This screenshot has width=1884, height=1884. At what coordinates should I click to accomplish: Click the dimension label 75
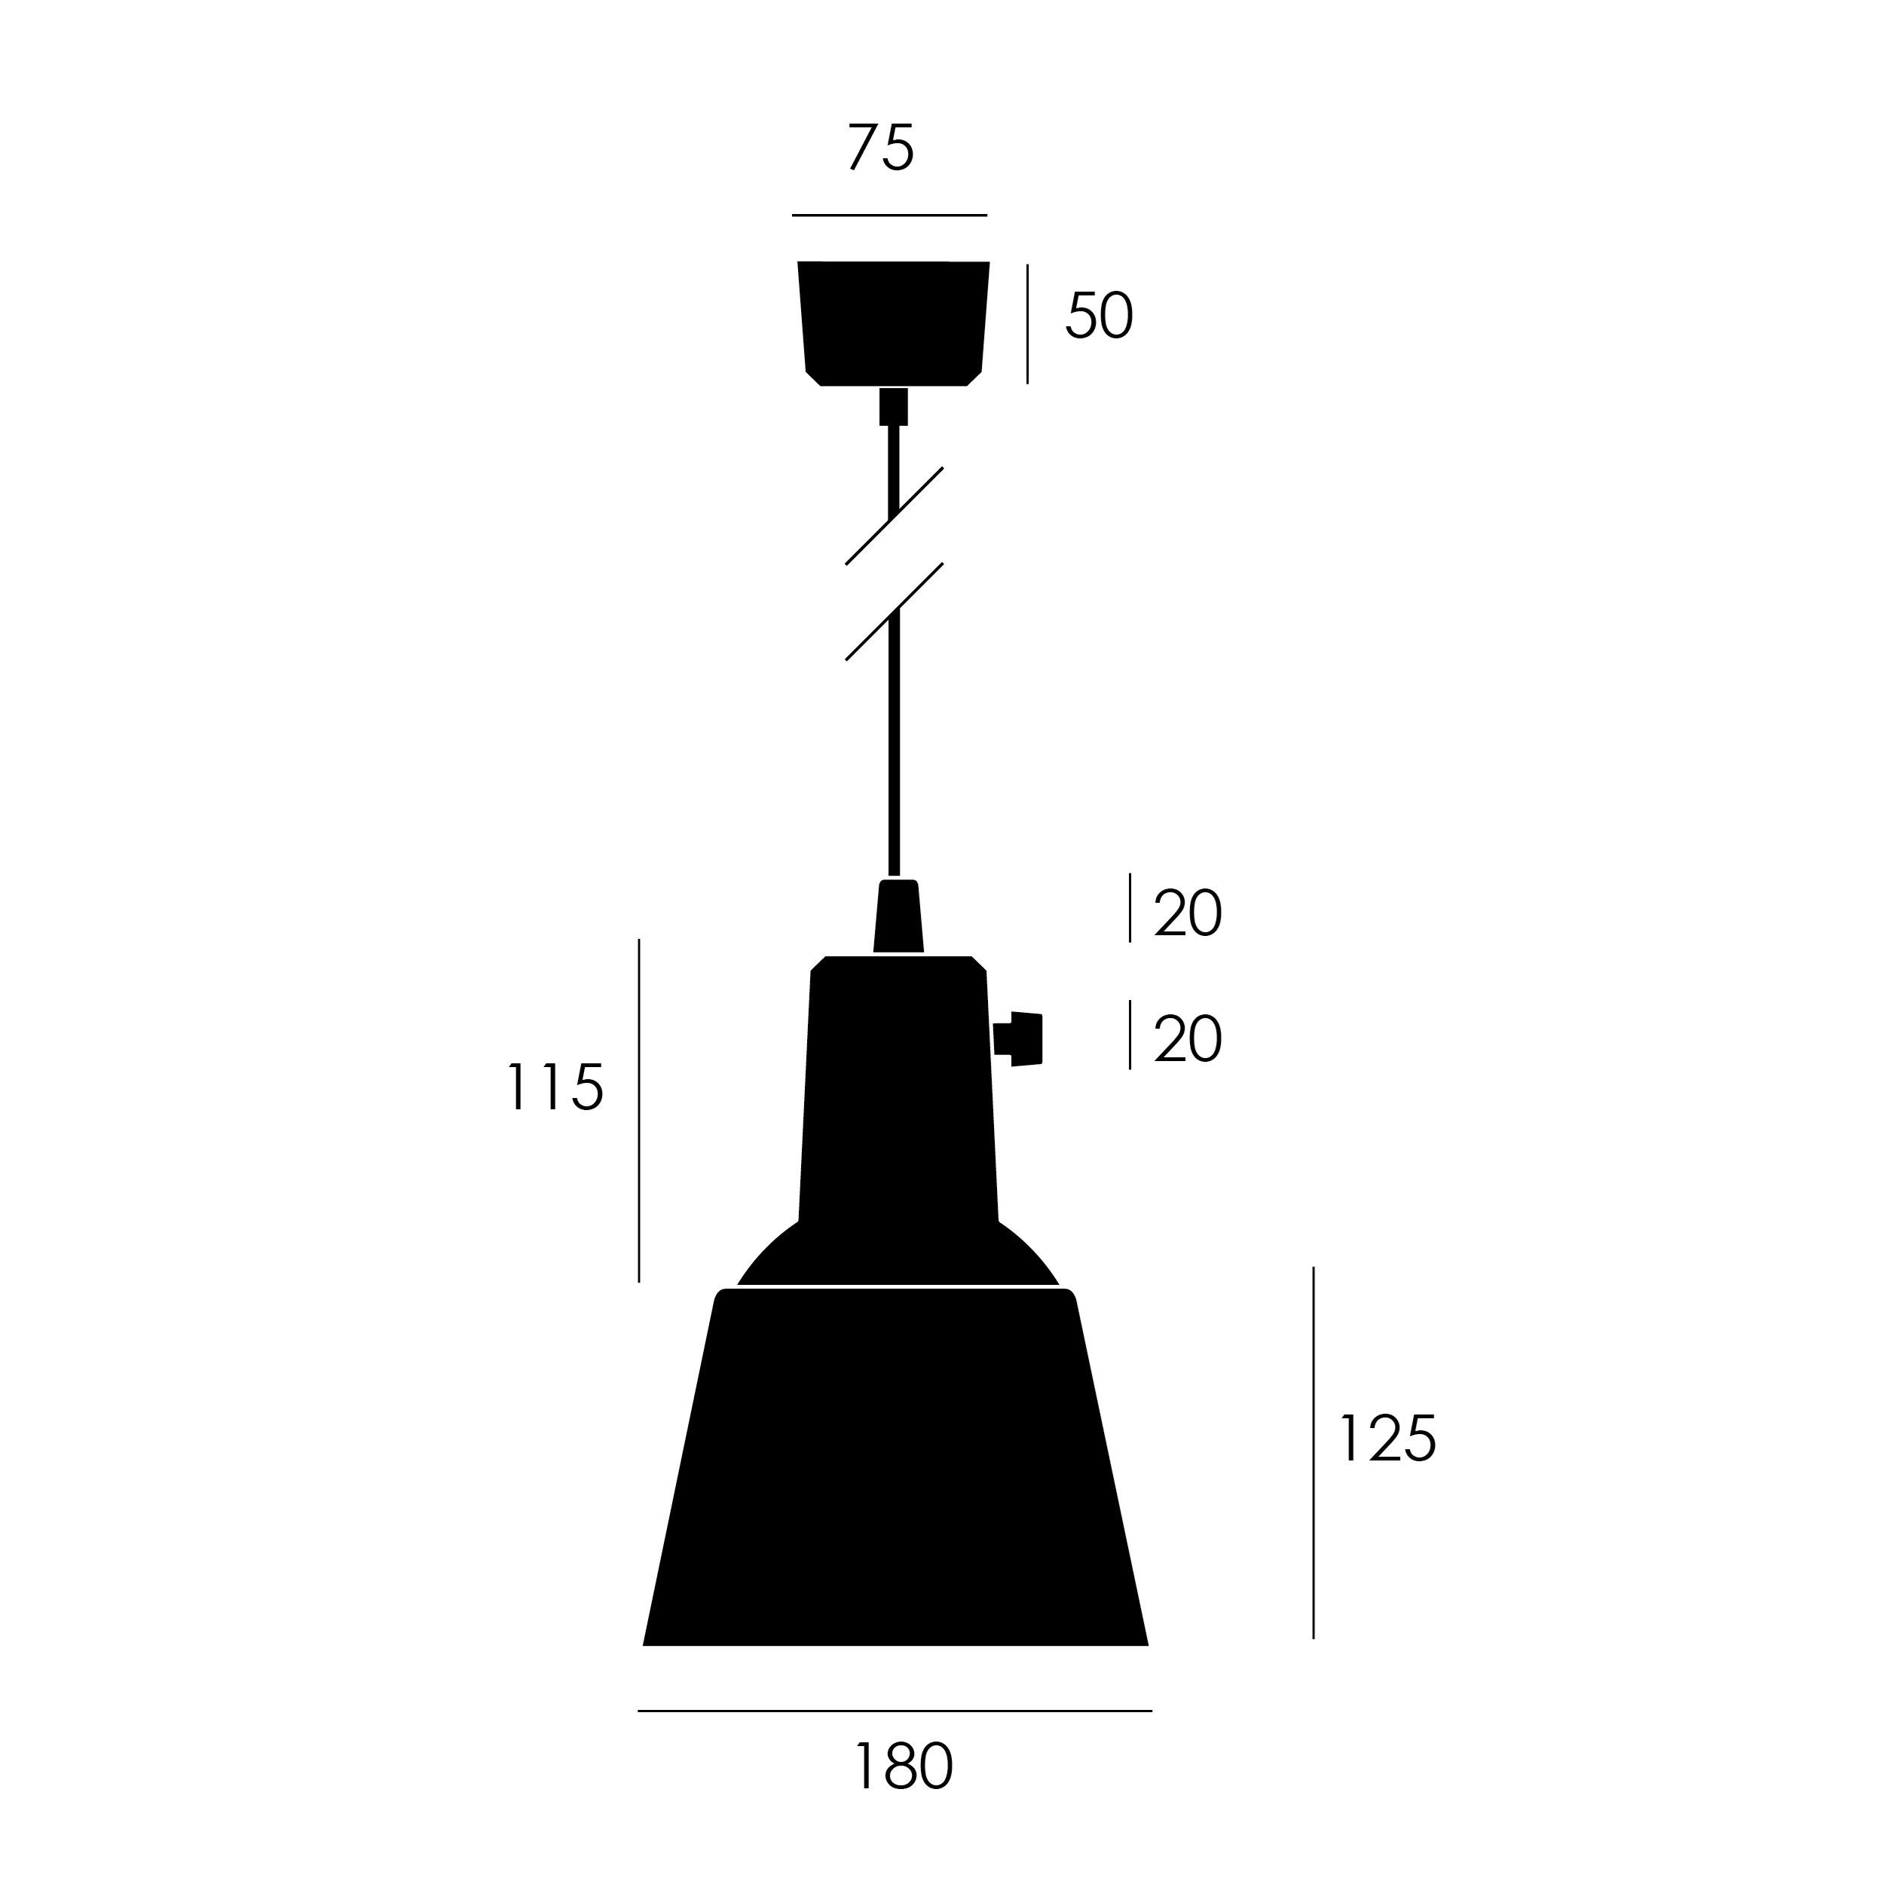(880, 148)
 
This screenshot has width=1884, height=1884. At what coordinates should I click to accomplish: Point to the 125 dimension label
(1387, 1439)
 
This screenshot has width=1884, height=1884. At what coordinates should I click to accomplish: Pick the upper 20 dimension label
(1187, 913)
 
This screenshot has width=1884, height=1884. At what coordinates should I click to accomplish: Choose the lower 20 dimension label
(1187, 1039)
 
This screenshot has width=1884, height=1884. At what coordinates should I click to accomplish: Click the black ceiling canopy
(893, 322)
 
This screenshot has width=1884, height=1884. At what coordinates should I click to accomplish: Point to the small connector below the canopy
(893, 407)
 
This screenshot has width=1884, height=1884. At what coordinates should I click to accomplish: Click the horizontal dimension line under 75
(889, 215)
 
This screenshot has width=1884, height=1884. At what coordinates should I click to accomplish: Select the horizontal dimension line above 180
(895, 1711)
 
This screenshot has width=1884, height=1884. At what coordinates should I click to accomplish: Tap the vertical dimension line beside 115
(639, 1110)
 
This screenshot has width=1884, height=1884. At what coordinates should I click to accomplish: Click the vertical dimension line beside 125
(1314, 1453)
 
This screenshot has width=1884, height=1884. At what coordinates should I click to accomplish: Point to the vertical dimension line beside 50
(1027, 324)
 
